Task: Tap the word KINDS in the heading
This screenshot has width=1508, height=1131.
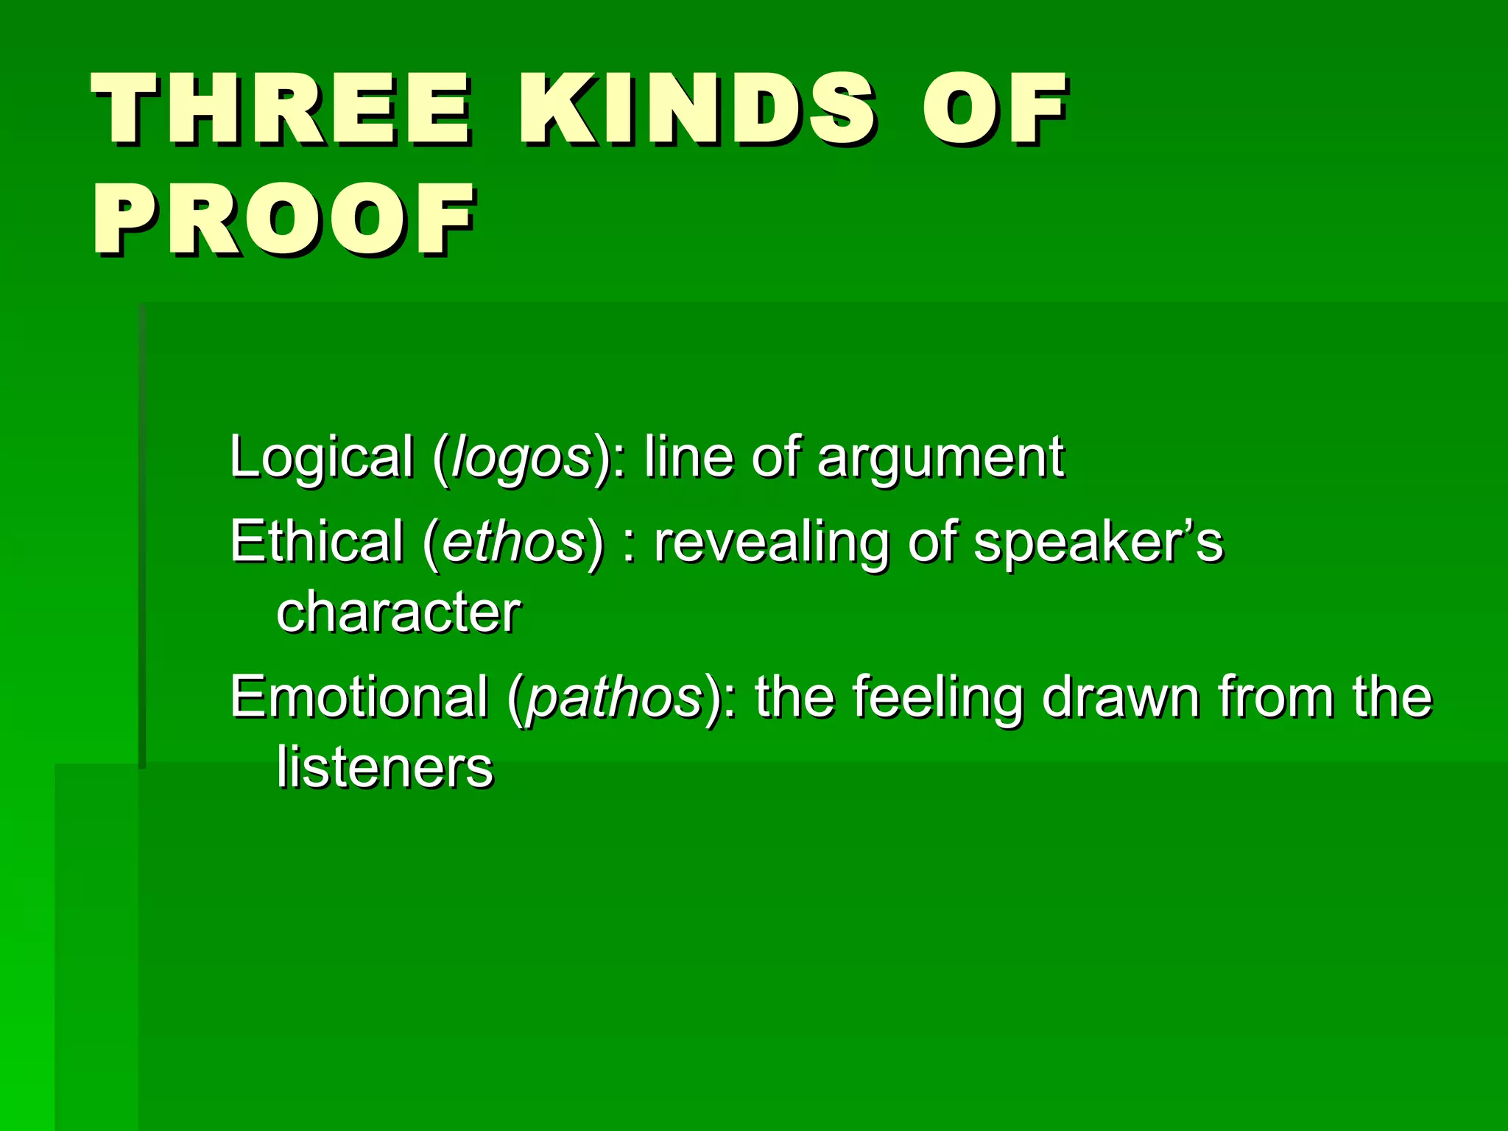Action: [x=697, y=110]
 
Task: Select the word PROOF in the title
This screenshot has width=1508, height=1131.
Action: [x=284, y=220]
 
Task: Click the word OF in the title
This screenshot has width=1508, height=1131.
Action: [x=993, y=110]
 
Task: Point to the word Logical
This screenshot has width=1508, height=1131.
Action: [x=321, y=457]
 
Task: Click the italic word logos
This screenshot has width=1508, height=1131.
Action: [x=521, y=459]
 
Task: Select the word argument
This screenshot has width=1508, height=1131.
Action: [x=940, y=459]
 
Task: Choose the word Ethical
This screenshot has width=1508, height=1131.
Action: [x=317, y=541]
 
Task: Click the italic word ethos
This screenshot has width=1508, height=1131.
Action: [x=513, y=541]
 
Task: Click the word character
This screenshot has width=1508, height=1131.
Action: [x=398, y=612]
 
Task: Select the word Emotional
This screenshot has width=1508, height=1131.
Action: [x=359, y=697]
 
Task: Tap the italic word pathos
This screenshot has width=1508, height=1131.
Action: [x=615, y=698]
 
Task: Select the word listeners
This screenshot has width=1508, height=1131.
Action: [x=384, y=767]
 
